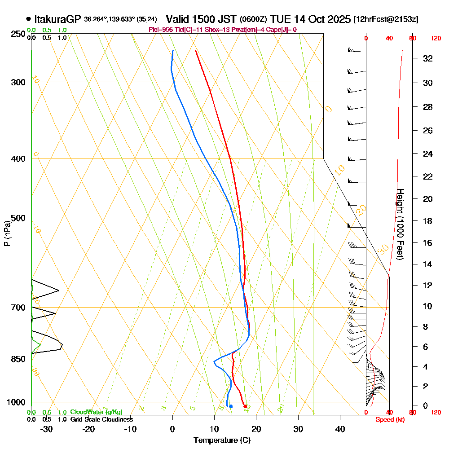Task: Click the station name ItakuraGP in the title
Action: [57, 19]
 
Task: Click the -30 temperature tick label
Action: [46, 429]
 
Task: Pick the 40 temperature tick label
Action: [340, 429]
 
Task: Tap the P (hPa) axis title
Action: [7, 233]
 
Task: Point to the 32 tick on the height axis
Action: [428, 58]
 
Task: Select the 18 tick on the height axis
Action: [428, 221]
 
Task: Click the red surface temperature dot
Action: [245, 406]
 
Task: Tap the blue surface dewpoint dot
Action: [231, 406]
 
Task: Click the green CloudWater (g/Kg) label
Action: [96, 412]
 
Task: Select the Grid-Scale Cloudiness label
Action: [101, 419]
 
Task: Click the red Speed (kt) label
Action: [389, 419]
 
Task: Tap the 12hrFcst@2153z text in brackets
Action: [386, 20]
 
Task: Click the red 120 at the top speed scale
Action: [435, 39]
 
